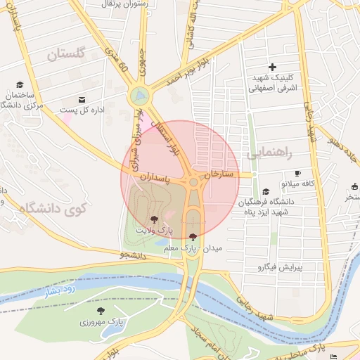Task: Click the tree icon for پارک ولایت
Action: pos(154,219)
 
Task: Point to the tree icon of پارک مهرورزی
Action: pos(101,311)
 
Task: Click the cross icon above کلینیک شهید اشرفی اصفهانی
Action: pos(273,67)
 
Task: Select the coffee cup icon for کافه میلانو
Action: pos(297,173)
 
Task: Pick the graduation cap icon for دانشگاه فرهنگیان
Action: pos(266,191)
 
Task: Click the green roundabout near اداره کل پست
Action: pos(139,94)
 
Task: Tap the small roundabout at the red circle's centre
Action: pos(193,183)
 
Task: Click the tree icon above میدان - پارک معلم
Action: pos(193,237)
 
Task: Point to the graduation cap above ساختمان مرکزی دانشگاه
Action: pos(19,84)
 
